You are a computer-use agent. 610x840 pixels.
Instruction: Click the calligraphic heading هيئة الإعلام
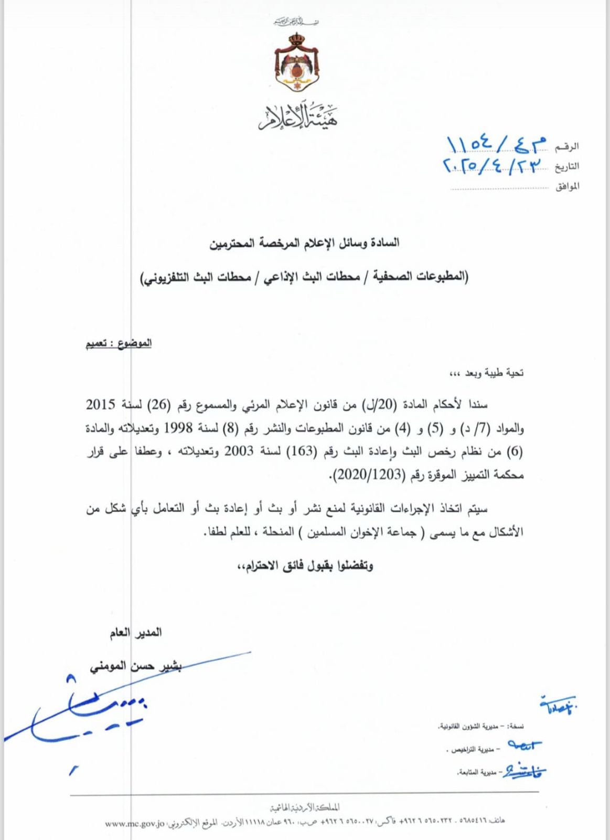pos(297,117)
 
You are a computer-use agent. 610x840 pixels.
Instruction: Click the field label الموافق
pos(567,186)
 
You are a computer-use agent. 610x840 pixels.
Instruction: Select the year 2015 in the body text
pos(100,405)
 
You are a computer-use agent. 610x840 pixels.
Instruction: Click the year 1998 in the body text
pos(178,428)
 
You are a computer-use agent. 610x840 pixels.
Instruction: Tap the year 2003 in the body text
pos(239,451)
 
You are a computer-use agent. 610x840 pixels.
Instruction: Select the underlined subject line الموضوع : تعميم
pos(119,343)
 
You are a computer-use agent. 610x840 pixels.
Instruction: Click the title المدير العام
pos(135,633)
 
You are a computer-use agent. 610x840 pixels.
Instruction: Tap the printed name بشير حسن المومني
pos(135,666)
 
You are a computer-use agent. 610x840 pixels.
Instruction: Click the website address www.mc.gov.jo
pos(135,823)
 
